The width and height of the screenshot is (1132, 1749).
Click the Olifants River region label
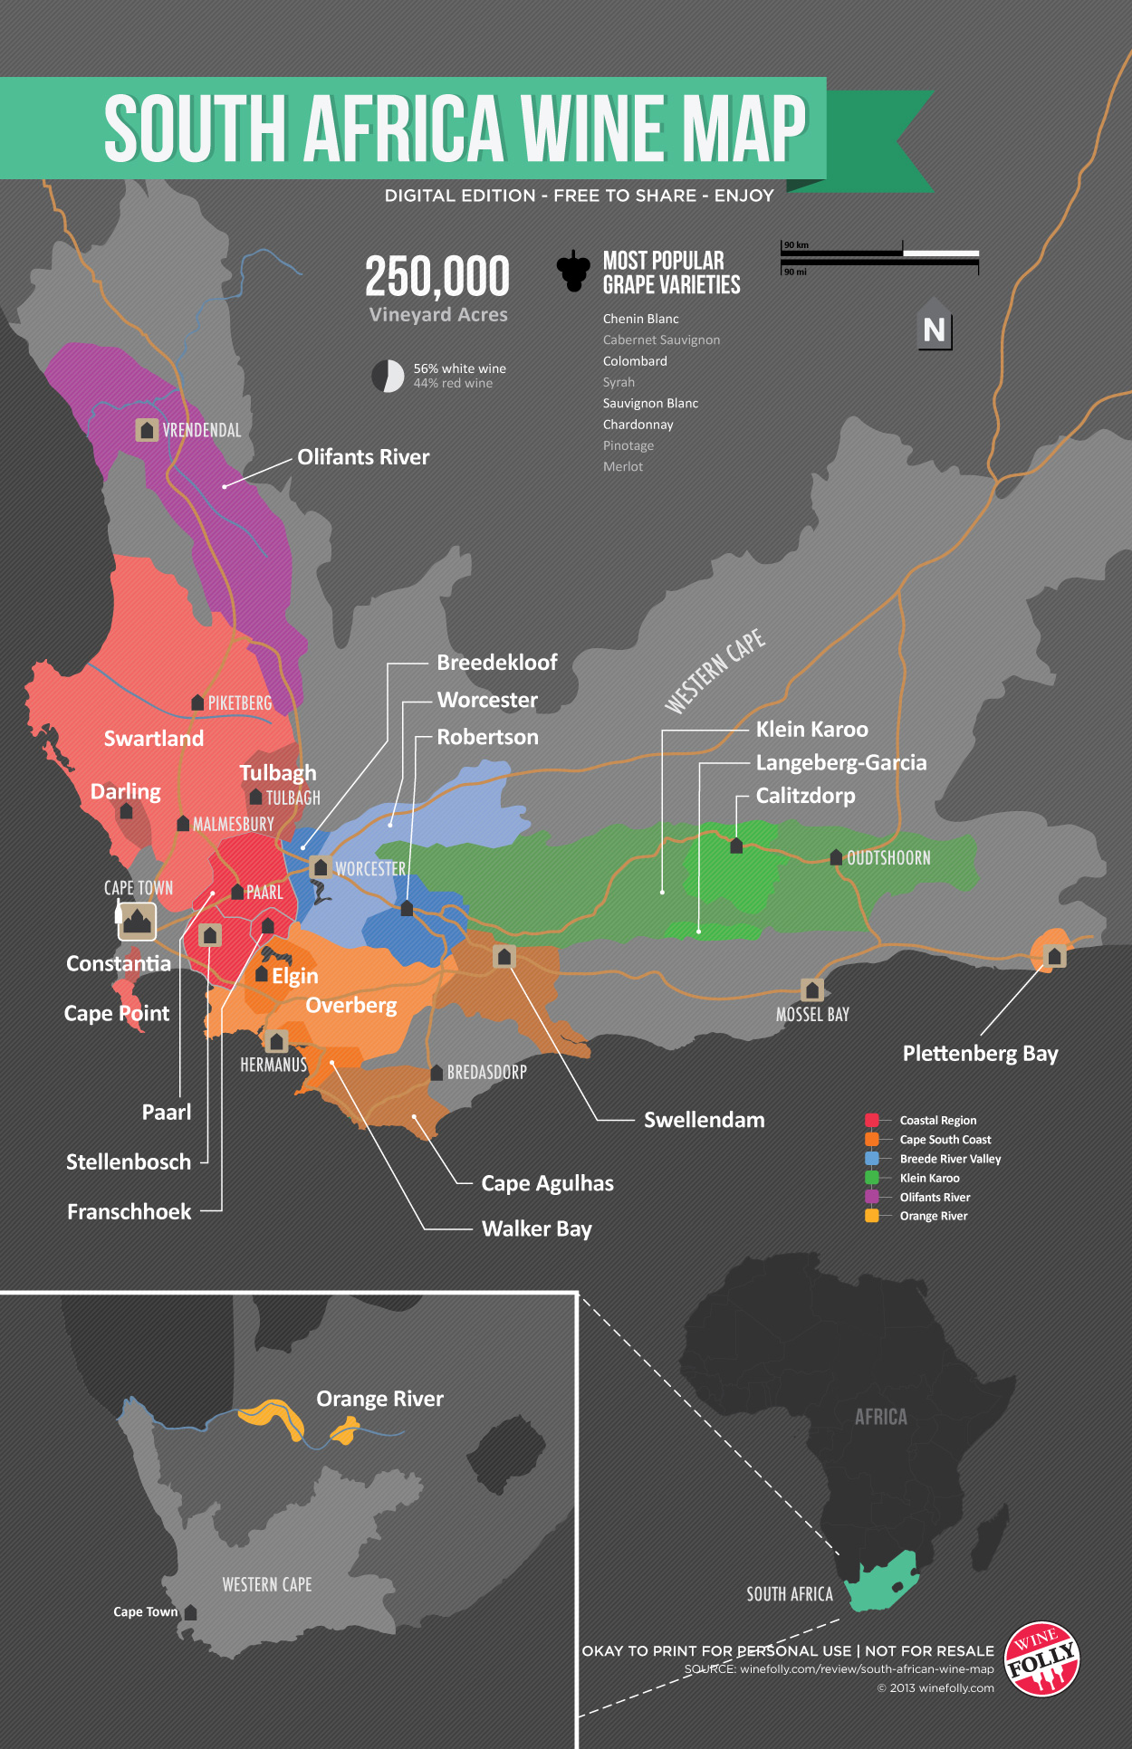coord(363,457)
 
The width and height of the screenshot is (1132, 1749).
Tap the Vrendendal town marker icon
coord(147,430)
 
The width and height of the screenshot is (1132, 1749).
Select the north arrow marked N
coord(934,329)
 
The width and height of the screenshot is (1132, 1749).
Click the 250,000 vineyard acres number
coord(437,277)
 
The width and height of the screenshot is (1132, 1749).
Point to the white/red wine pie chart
coord(388,376)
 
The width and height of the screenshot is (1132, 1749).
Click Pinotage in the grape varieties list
coord(628,445)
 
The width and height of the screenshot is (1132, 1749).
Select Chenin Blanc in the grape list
coord(640,319)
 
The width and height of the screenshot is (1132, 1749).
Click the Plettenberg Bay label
coord(980,1054)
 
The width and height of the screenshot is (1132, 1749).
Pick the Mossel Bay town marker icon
coord(812,989)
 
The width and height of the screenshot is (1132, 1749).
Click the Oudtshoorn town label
coord(887,858)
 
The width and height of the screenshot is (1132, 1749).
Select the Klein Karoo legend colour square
coord(872,1178)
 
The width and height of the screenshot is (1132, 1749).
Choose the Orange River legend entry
coord(933,1216)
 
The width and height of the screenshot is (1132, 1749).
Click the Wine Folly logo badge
coord(1042,1658)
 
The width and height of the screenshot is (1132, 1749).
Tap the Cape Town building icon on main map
coord(137,922)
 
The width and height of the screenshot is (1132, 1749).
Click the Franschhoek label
coord(129,1212)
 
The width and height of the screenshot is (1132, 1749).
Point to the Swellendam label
coord(704,1120)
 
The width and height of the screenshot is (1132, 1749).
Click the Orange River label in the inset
coord(379,1399)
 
